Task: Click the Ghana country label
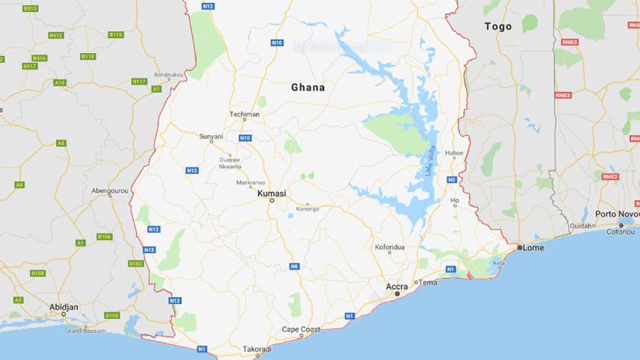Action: (308, 87)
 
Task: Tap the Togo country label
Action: (498, 27)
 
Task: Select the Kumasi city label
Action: (272, 193)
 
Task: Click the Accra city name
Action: (397, 286)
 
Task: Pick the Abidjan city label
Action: (63, 306)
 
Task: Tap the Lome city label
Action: (534, 247)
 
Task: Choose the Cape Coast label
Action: (301, 329)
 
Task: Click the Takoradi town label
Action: (257, 349)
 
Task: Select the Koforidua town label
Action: (389, 246)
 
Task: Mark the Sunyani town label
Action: (211, 136)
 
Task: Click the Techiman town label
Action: (244, 114)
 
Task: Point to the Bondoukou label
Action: (169, 75)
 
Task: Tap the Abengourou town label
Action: (110, 190)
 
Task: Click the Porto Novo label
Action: (617, 214)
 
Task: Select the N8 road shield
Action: (294, 266)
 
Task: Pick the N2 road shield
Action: (452, 180)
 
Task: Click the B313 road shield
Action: (30, 8)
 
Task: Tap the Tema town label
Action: (428, 282)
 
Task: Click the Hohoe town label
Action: (454, 153)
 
